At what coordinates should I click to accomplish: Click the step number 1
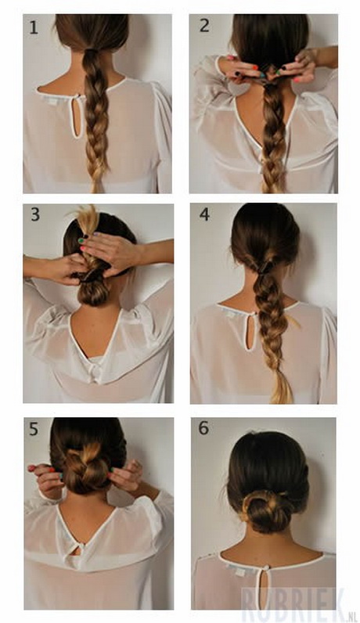pyautogui.click(x=33, y=29)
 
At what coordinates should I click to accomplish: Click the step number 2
pyautogui.click(x=203, y=26)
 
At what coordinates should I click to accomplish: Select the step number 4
pyautogui.click(x=204, y=214)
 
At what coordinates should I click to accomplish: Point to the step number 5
pyautogui.click(x=34, y=429)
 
